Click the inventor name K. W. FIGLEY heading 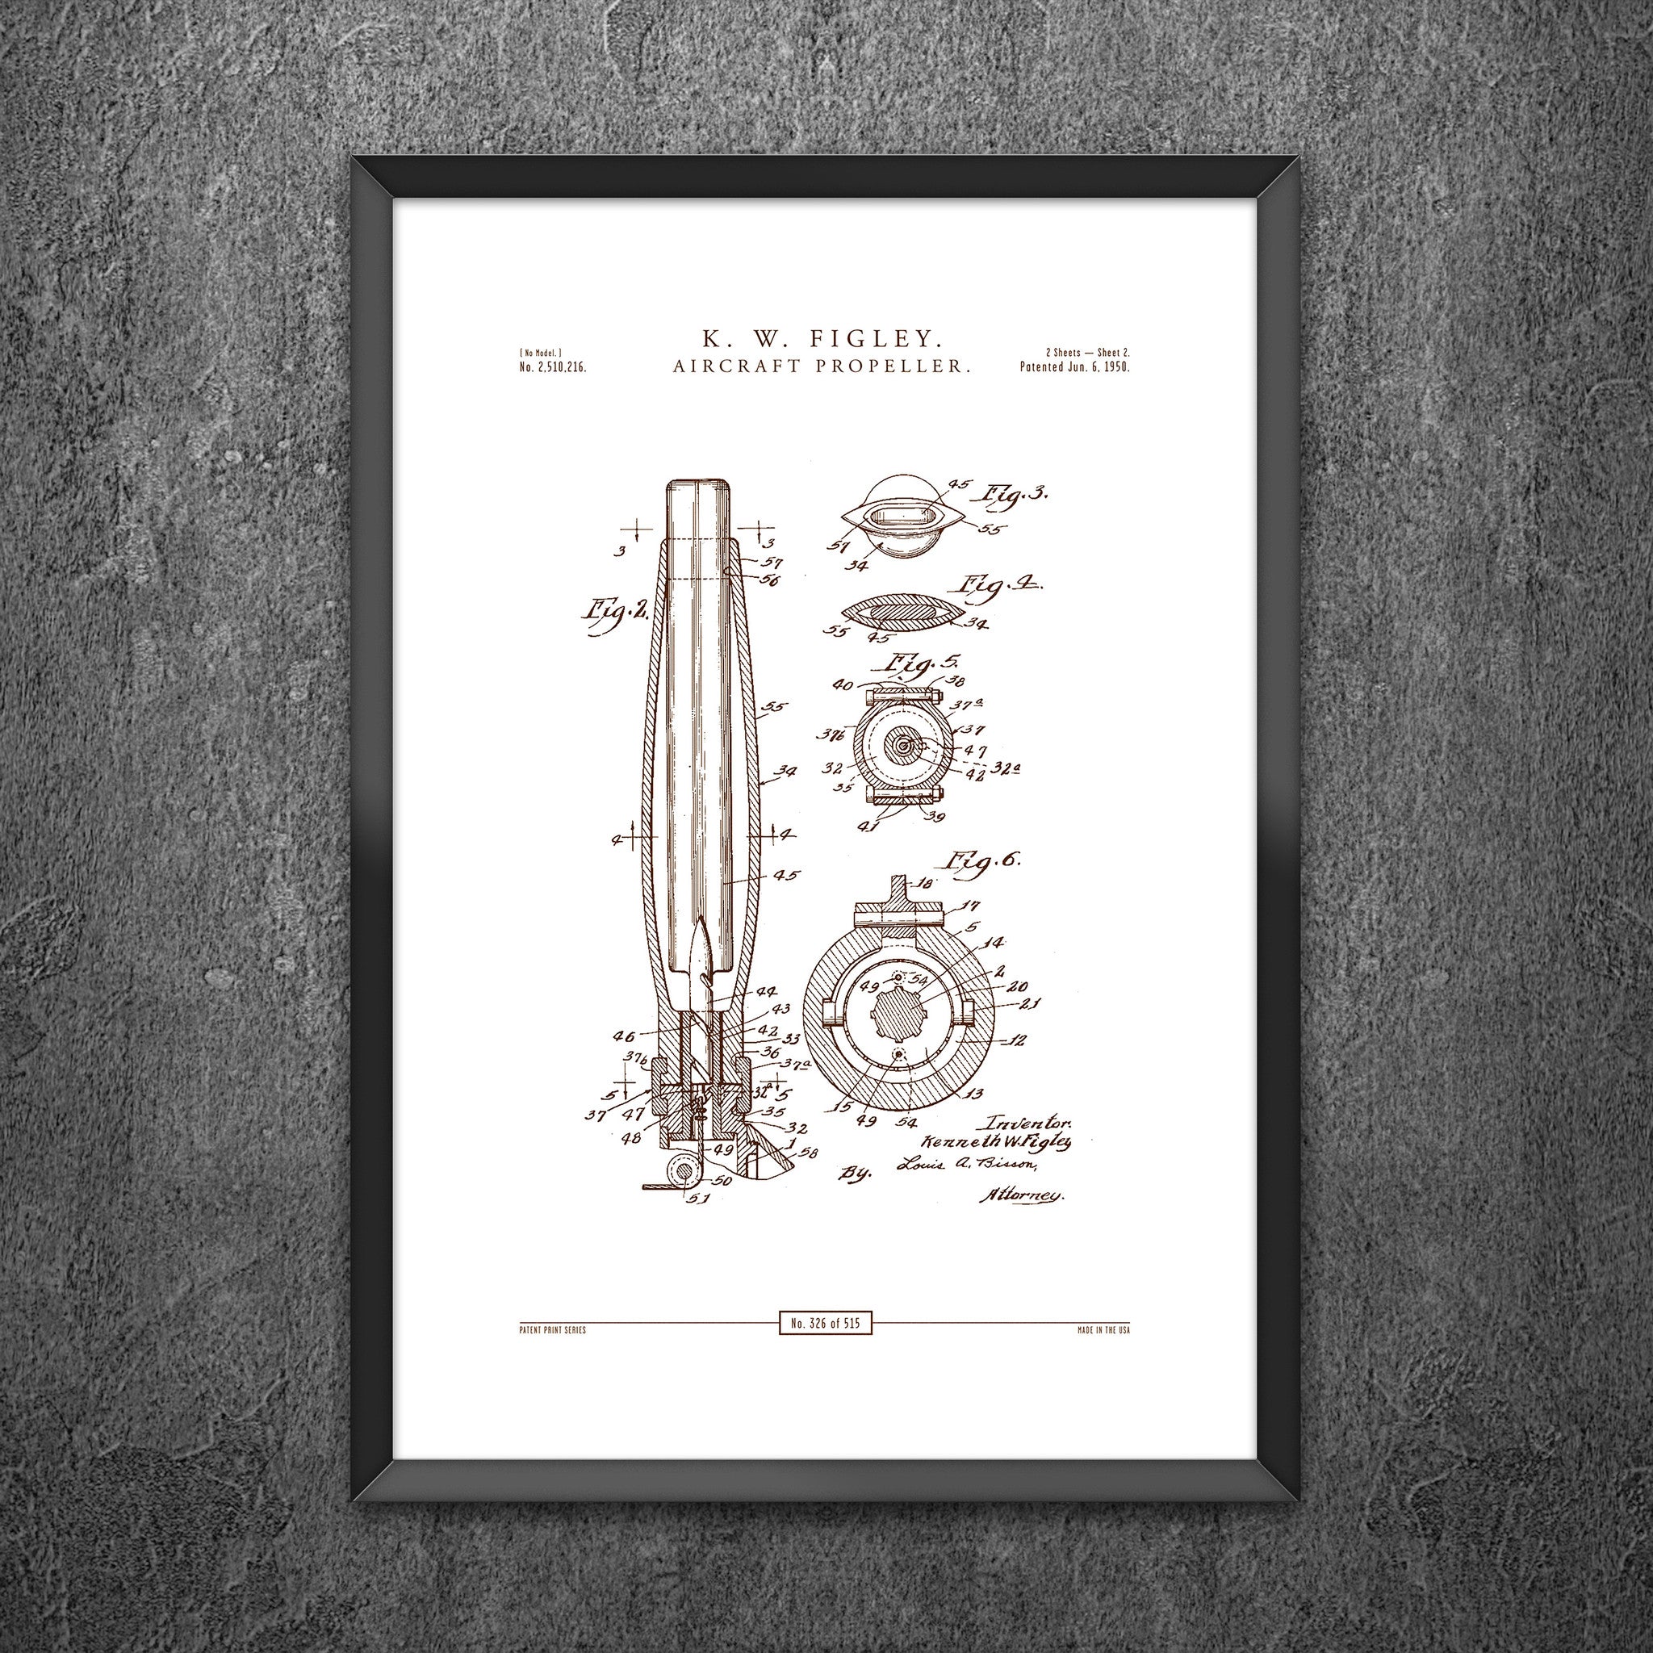825,338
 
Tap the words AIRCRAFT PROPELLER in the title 825,366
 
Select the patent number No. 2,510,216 552,367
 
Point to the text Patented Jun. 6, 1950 1075,366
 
